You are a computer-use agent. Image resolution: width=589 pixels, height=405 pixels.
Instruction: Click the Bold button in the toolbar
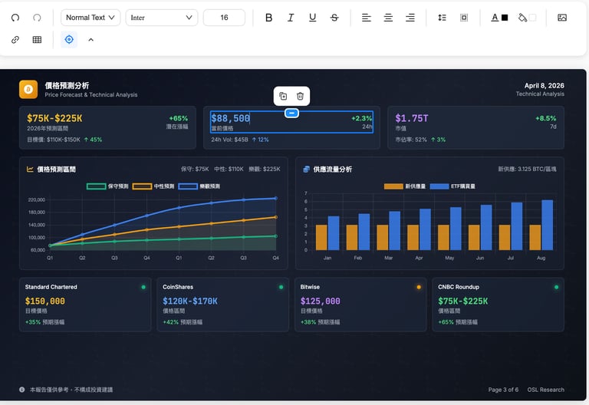(x=268, y=18)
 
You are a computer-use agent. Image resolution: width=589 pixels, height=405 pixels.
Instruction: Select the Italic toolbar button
(x=291, y=18)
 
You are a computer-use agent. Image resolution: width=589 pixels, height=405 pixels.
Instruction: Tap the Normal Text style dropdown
(x=90, y=18)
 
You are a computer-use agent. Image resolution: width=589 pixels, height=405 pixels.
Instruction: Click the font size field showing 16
(x=224, y=18)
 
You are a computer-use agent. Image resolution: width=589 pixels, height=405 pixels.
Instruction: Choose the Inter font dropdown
(x=162, y=18)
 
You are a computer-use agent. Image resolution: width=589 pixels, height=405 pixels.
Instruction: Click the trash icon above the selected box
(x=301, y=96)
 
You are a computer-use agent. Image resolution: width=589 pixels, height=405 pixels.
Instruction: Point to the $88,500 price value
(x=231, y=118)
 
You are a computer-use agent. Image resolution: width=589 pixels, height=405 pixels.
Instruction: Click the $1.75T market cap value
(x=412, y=118)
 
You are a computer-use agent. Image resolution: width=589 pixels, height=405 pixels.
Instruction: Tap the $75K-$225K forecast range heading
(x=54, y=118)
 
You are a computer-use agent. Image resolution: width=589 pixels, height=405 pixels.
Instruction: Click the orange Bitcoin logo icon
(x=28, y=90)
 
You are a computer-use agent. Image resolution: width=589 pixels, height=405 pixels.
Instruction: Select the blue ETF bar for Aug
(x=547, y=225)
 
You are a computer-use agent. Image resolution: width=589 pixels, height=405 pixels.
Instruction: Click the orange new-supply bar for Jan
(x=321, y=237)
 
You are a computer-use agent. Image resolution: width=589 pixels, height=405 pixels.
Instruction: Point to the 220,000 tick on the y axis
(x=36, y=200)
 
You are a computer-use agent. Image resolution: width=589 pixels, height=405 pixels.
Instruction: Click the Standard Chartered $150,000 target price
(x=44, y=301)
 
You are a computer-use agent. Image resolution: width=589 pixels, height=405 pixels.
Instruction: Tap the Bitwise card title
(x=311, y=287)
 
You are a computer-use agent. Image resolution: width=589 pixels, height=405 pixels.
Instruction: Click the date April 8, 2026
(x=544, y=85)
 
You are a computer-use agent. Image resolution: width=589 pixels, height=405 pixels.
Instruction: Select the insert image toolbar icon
(x=562, y=18)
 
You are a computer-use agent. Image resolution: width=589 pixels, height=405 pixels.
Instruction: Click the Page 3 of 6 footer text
(x=503, y=390)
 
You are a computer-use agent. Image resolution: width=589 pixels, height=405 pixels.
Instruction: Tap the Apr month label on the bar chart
(x=419, y=258)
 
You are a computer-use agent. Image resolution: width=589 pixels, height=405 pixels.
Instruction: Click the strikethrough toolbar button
(x=334, y=18)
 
